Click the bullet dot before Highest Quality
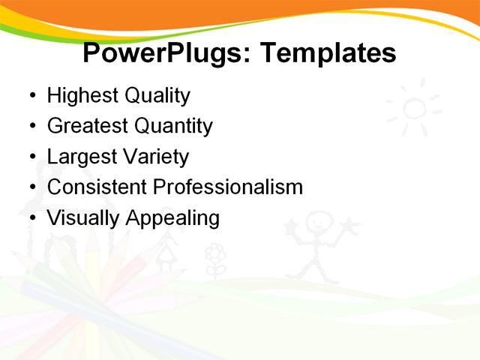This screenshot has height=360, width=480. (31, 97)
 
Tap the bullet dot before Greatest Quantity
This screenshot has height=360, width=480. (31, 127)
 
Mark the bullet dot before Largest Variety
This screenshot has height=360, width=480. (31, 158)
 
